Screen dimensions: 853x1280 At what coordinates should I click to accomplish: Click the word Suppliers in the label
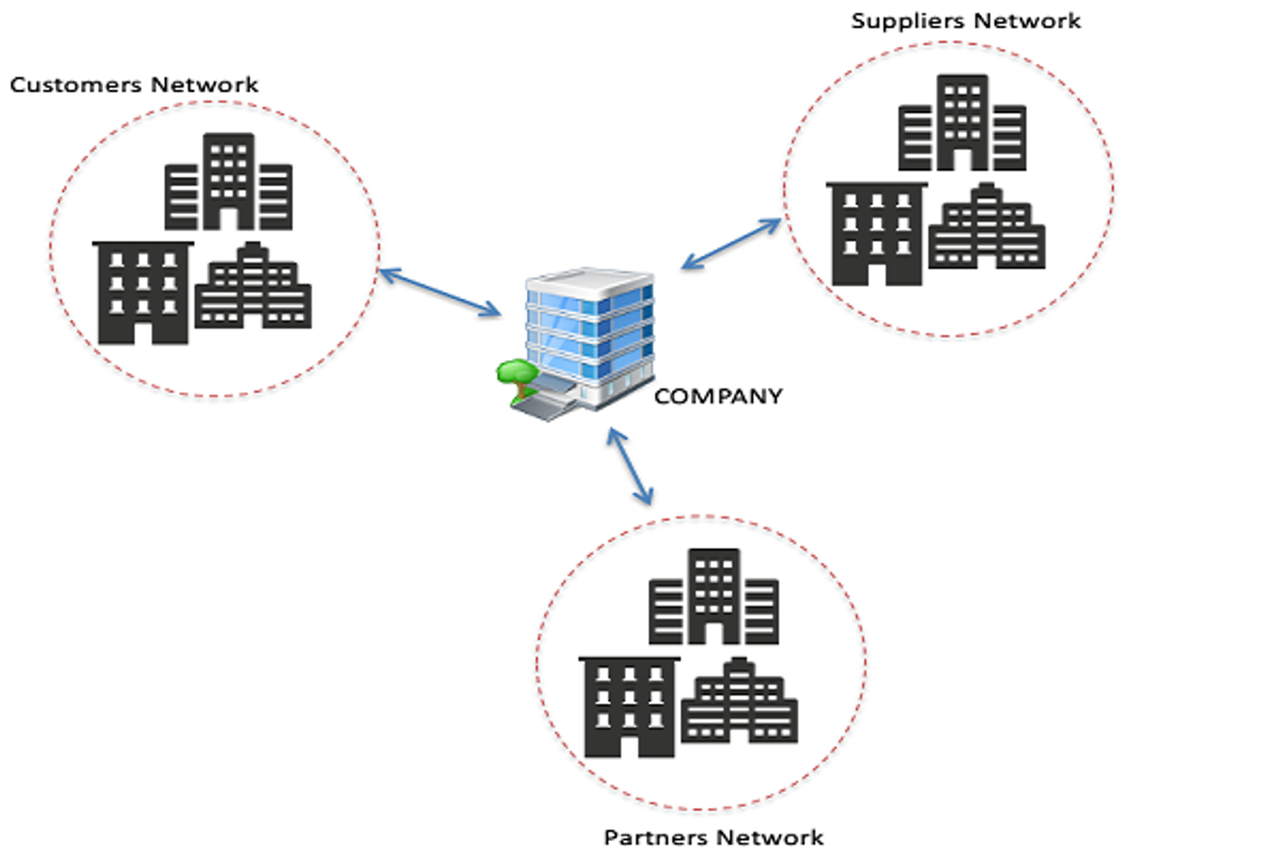[x=907, y=21]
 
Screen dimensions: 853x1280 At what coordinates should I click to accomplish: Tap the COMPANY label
[x=718, y=397]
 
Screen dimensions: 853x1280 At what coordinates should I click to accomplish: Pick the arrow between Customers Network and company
[x=439, y=292]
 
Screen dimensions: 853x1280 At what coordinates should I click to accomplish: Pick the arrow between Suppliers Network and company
[x=731, y=244]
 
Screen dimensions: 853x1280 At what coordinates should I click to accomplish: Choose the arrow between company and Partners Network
[x=629, y=466]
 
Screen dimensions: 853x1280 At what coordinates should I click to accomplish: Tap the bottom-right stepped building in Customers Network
[x=253, y=289]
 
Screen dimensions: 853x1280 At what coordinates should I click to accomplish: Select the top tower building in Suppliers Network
[x=963, y=123]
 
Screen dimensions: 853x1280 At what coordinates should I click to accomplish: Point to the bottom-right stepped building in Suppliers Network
[x=987, y=229]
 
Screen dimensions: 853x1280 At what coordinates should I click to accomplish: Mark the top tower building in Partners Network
[x=714, y=597]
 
